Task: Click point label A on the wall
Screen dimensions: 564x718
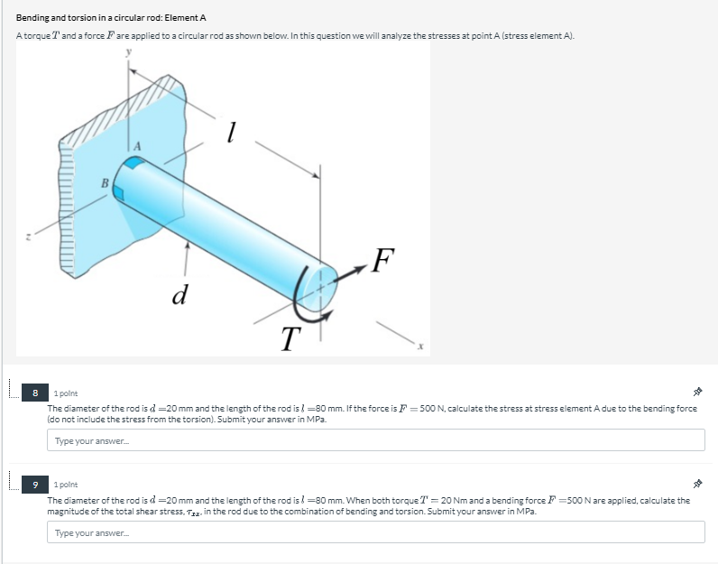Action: pos(139,145)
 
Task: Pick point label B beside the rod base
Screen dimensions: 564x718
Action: pos(105,184)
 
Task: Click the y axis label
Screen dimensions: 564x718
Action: pos(127,53)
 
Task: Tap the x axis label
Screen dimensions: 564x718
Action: pos(419,347)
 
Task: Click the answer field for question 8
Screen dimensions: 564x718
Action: pos(375,439)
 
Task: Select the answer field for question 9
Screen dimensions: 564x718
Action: pos(375,532)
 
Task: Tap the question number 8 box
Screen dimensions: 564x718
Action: pos(35,393)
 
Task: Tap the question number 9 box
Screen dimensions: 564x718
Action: pos(35,485)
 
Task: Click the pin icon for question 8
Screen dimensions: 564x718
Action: pos(697,393)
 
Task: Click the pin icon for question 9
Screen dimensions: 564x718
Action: pos(697,485)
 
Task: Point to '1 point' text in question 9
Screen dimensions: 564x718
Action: pos(67,485)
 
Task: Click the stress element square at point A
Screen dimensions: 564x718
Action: pos(134,163)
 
